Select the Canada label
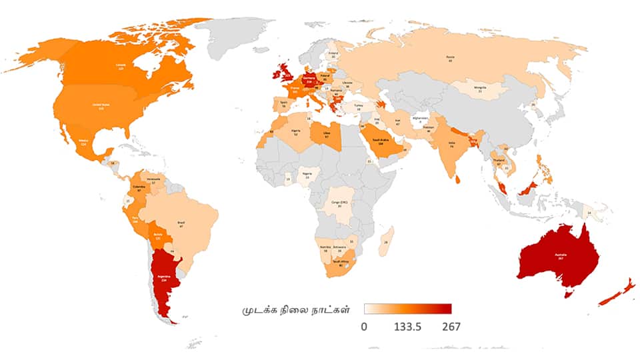point(121,65)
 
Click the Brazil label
point(181,223)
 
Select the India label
point(451,145)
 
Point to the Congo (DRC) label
point(339,203)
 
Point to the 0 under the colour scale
point(364,327)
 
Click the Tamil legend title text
point(296,311)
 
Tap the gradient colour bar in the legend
point(407,309)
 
